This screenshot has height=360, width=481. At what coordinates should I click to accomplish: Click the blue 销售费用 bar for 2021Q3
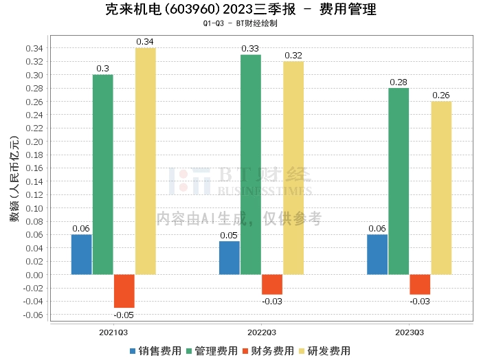click(x=81, y=254)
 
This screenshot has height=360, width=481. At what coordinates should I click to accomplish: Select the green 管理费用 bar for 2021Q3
click(x=102, y=175)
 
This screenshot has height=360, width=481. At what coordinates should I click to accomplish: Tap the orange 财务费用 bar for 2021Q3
click(x=124, y=291)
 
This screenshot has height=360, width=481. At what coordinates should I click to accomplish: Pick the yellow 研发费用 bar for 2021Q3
click(x=145, y=161)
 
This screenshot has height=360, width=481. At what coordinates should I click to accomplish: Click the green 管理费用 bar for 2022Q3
click(x=251, y=164)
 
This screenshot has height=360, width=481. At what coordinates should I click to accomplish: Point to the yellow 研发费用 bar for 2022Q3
click(x=293, y=168)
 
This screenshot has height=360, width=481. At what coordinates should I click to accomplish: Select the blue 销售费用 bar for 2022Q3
click(x=230, y=258)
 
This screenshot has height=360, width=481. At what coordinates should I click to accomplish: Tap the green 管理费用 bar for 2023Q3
click(x=399, y=181)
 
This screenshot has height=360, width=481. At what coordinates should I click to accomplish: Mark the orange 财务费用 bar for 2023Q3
click(x=420, y=284)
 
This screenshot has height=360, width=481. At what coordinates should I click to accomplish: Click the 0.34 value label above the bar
click(x=145, y=42)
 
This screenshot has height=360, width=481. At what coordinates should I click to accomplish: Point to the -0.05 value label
click(x=124, y=315)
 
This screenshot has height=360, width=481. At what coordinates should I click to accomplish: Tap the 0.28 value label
click(x=399, y=82)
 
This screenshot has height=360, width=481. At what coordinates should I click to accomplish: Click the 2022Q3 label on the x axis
click(x=261, y=332)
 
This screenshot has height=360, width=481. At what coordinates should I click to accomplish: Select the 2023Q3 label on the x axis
click(x=410, y=332)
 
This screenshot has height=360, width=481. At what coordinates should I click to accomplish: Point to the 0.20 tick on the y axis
click(x=36, y=142)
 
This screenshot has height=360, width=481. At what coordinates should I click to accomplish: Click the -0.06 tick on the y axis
click(x=34, y=315)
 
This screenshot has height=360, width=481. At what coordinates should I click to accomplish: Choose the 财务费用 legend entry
click(x=265, y=351)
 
